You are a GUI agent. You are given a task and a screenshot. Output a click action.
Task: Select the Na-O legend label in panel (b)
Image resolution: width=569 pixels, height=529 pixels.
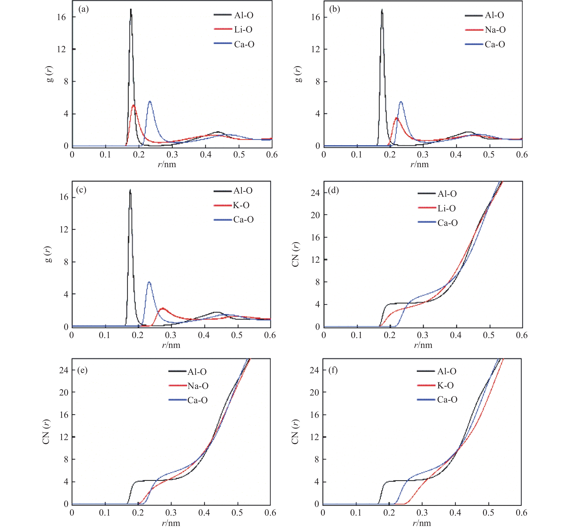[495, 30]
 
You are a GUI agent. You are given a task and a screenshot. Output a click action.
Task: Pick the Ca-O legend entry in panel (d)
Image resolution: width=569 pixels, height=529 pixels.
[447, 223]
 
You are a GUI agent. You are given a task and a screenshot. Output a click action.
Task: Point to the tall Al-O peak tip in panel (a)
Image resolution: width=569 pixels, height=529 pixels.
[131, 10]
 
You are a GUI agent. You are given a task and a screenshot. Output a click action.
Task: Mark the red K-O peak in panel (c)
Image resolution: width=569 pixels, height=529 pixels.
[163, 308]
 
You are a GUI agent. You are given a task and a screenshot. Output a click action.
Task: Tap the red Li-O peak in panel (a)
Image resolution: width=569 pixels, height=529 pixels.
[133, 105]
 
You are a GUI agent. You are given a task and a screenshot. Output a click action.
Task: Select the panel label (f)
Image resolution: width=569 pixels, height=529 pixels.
[333, 370]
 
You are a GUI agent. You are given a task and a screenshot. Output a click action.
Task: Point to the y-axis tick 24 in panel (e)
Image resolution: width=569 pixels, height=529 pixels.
[64, 370]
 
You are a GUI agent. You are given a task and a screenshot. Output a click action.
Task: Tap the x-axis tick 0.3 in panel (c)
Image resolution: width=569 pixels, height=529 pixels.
[171, 335]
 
